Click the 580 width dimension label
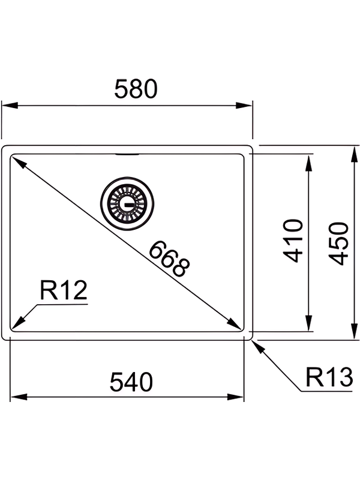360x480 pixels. pyautogui.click(x=136, y=89)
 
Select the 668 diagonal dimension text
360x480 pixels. pyautogui.click(x=169, y=259)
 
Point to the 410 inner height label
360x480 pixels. pyautogui.click(x=292, y=241)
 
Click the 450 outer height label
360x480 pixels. pyautogui.click(x=340, y=243)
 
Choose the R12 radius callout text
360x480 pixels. pyautogui.click(x=64, y=292)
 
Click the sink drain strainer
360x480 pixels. pyautogui.click(x=127, y=202)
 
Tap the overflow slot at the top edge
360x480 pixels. pyautogui.click(x=127, y=154)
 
